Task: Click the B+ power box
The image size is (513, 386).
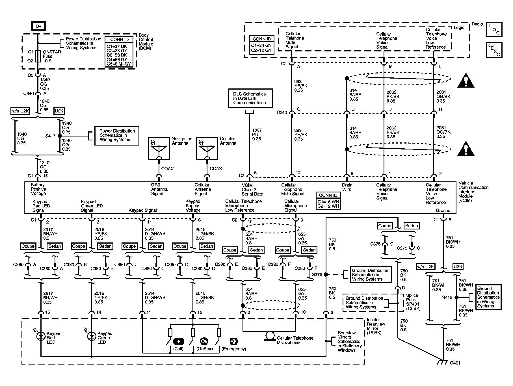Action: [38, 27]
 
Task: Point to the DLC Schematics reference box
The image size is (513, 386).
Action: [250, 98]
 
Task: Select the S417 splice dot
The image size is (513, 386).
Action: [60, 136]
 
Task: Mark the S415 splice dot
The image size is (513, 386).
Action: [457, 297]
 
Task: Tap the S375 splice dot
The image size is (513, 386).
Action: [326, 274]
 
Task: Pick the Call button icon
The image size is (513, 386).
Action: [178, 341]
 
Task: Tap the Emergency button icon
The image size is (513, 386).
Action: [234, 341]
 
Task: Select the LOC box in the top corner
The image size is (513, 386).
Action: [494, 30]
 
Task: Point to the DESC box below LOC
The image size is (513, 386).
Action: [494, 50]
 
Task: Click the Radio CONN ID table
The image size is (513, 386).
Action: [261, 45]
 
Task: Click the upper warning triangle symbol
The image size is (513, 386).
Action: [466, 81]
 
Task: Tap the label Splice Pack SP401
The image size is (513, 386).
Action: [412, 302]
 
